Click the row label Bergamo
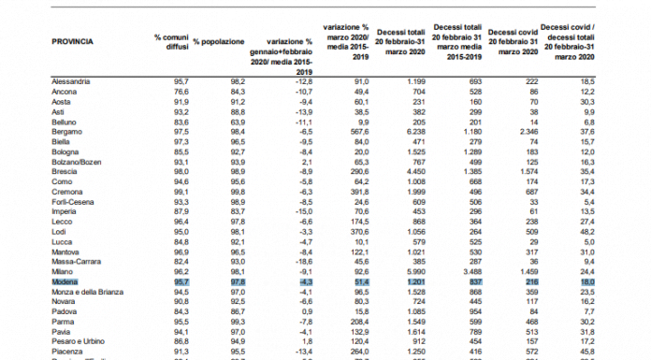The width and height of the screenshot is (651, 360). click(x=67, y=132)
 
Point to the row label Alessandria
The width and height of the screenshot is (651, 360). click(x=71, y=82)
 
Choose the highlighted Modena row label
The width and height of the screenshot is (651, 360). click(x=65, y=281)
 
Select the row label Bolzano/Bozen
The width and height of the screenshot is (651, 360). click(x=76, y=161)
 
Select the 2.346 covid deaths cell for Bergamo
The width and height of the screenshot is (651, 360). click(x=527, y=132)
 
